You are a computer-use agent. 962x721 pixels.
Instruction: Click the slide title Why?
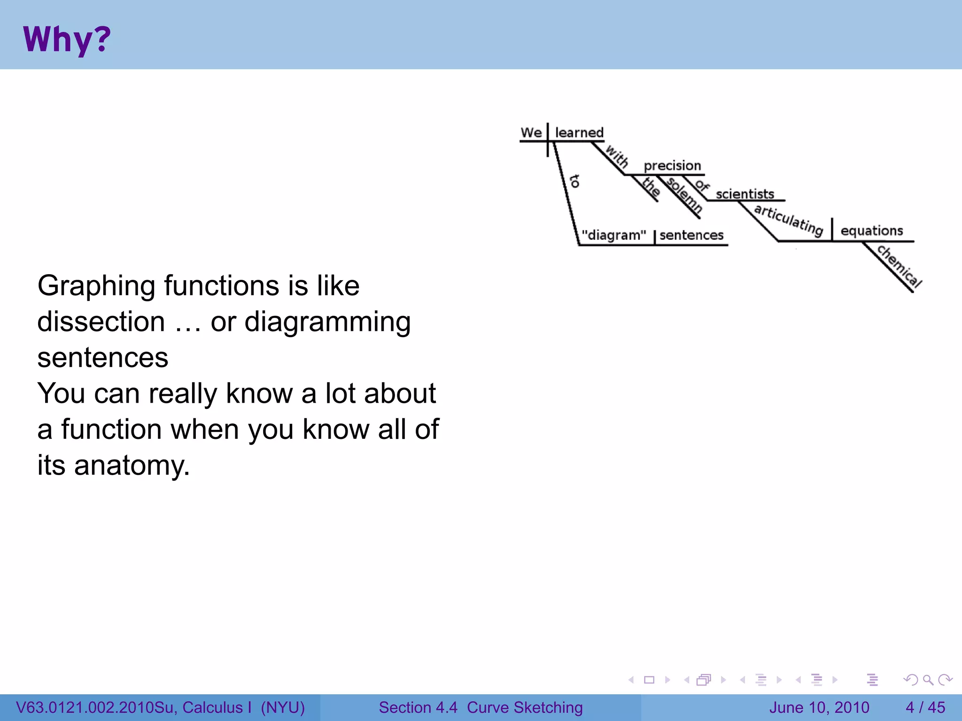(67, 39)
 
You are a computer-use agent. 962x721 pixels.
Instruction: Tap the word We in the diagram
(531, 133)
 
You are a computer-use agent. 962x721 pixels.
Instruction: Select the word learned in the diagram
(579, 133)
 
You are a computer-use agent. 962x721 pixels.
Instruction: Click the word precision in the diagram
(672, 166)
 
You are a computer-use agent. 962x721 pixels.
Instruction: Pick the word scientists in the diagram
(745, 194)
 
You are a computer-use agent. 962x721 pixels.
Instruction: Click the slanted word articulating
(789, 219)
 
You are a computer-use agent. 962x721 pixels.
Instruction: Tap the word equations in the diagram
(871, 231)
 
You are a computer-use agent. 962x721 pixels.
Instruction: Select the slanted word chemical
(899, 266)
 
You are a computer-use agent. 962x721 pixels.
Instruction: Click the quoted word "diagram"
(613, 235)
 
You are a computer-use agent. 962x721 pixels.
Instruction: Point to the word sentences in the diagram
(691, 235)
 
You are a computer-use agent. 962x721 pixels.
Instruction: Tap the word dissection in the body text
(101, 322)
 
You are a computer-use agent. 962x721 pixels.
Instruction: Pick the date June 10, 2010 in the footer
(819, 707)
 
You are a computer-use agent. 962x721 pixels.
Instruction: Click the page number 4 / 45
(925, 707)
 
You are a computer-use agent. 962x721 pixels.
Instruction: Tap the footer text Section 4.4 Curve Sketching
(481, 707)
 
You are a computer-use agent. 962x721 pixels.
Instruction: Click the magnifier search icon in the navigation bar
(928, 680)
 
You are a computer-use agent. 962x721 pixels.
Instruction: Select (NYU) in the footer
(283, 707)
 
